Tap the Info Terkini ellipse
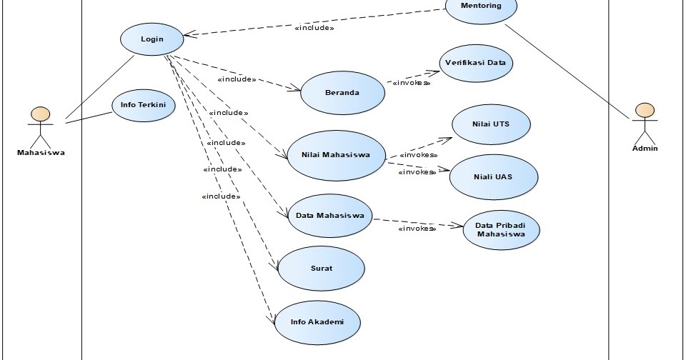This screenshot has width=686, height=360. [143, 105]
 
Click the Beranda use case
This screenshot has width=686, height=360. [342, 93]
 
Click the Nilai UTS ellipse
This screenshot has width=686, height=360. [491, 124]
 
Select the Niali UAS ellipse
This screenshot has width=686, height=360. [493, 176]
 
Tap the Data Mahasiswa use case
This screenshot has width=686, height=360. [329, 216]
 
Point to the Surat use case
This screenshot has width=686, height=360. [321, 269]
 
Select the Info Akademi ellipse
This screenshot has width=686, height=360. [317, 322]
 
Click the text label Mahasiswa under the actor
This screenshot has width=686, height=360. [41, 151]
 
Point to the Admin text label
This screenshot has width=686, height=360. [645, 148]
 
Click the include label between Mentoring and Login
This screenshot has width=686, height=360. [314, 29]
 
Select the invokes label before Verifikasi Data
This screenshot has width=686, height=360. [411, 83]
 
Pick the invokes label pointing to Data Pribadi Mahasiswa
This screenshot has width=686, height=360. [417, 229]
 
